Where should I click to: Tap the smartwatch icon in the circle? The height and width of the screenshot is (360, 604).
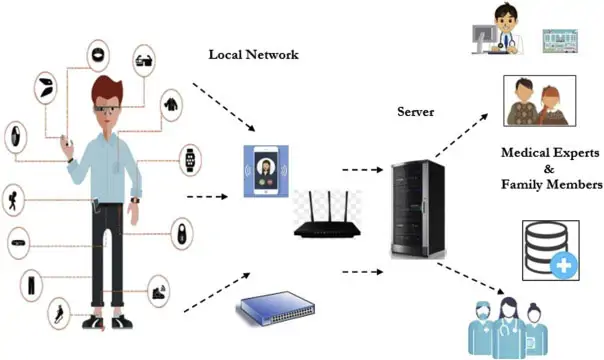coord(189,157)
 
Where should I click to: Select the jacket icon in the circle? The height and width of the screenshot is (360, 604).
coord(172,102)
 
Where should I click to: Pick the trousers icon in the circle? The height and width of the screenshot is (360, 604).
coord(31,284)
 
